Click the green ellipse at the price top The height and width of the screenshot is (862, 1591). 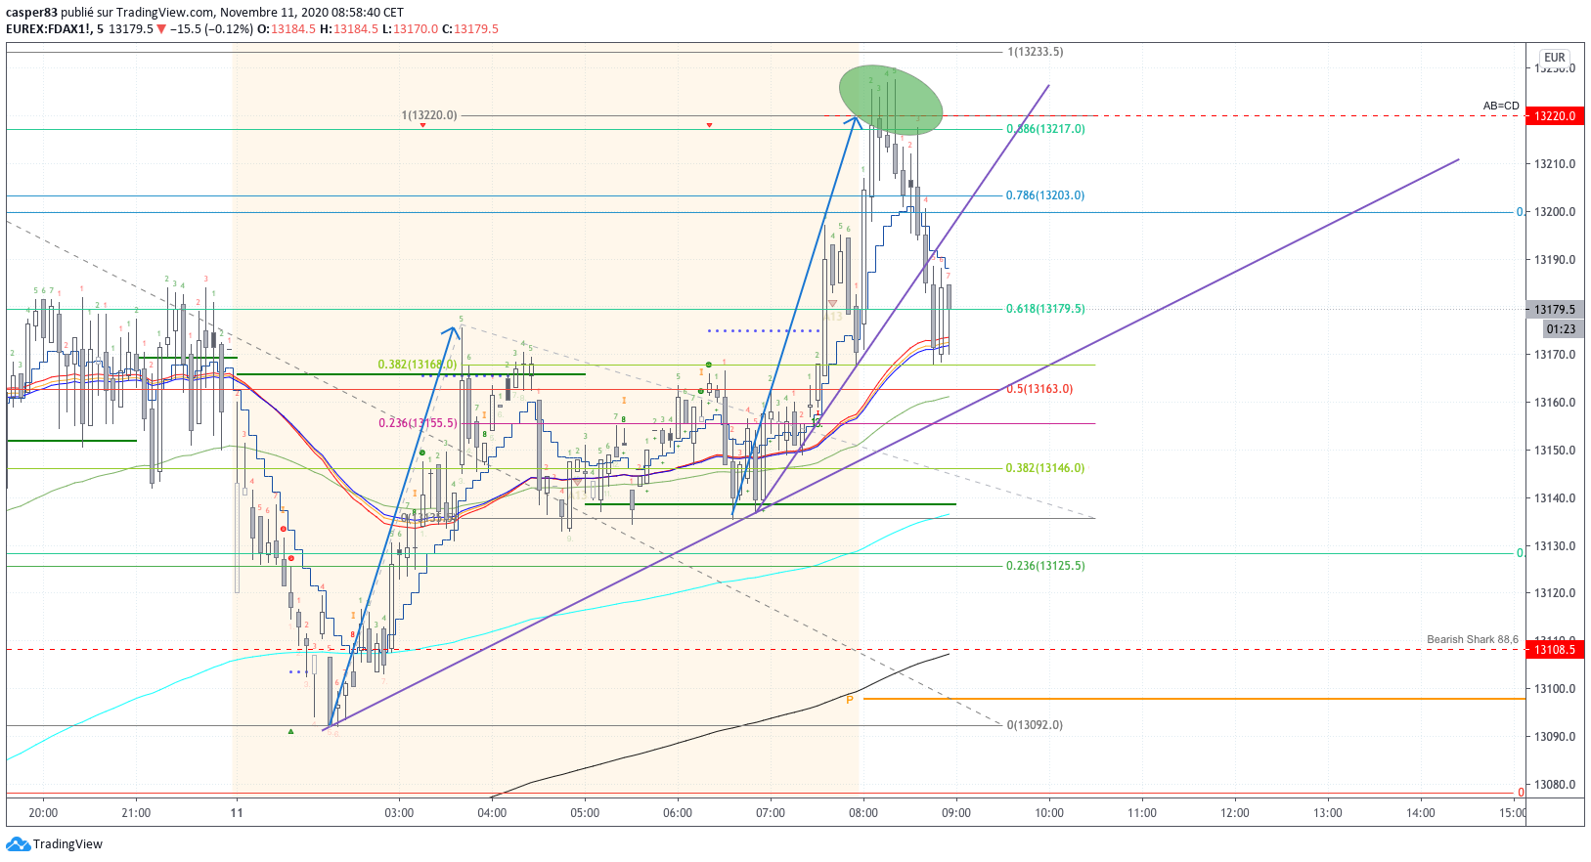[890, 99]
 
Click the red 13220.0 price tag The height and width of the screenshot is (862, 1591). [1554, 116]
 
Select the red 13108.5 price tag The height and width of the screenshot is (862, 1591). [1554, 650]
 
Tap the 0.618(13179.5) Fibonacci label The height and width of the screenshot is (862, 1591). [1044, 309]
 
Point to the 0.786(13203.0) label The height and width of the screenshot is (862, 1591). [1044, 195]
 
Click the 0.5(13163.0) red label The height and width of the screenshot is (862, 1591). [1039, 389]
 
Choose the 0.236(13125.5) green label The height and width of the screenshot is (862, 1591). [1044, 566]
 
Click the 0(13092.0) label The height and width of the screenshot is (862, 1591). [1034, 725]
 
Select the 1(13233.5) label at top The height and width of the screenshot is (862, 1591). [1035, 52]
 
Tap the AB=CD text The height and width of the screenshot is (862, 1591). [1501, 106]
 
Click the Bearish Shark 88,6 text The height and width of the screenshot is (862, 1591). [1472, 639]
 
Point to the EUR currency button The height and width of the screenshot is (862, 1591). [1555, 58]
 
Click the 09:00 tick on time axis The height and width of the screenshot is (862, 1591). [955, 813]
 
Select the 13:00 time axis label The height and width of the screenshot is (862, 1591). [1327, 813]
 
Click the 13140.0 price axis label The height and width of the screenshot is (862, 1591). [1554, 498]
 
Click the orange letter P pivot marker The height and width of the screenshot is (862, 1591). [850, 700]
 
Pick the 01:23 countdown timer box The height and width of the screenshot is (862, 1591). [1561, 329]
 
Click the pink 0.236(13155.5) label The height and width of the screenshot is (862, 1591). [418, 423]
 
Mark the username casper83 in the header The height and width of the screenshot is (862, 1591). [31, 13]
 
